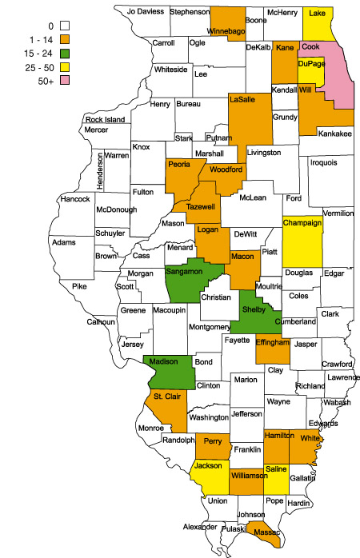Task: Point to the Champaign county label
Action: tap(302, 225)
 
